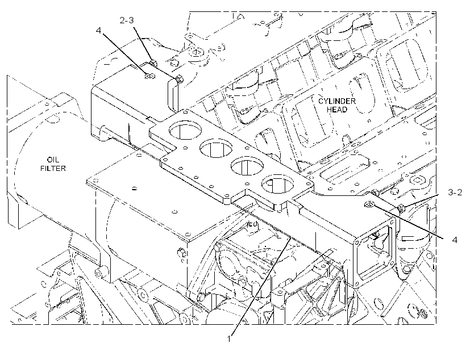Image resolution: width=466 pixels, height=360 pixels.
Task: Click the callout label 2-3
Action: click(127, 20)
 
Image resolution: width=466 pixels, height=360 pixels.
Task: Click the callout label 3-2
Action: click(455, 192)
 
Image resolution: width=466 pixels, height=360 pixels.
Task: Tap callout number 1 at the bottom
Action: click(229, 338)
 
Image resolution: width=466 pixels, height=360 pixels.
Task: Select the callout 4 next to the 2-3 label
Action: click(99, 30)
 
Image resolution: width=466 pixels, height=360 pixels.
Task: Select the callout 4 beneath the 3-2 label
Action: click(455, 240)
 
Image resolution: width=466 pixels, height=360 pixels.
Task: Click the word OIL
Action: click(53, 160)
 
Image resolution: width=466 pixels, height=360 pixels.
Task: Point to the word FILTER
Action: click(53, 169)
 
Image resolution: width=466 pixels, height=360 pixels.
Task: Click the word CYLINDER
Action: click(337, 101)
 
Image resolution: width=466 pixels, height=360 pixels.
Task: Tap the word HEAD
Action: click(337, 110)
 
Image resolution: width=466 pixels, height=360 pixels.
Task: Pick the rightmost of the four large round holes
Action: click(277, 184)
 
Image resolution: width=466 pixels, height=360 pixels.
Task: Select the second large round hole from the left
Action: click(216, 148)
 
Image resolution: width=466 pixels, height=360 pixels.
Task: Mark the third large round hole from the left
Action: click(247, 166)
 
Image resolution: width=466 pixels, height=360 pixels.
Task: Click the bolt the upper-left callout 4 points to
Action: click(150, 77)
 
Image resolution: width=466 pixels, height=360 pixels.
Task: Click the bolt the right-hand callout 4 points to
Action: click(368, 204)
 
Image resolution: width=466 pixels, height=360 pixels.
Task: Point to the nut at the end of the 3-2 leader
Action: click(401, 208)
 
